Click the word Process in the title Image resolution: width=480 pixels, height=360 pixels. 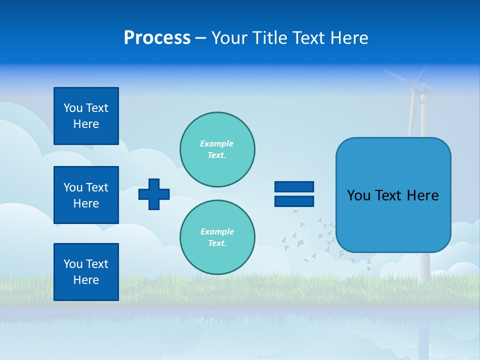[x=157, y=38]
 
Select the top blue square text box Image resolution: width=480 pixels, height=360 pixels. [x=86, y=116]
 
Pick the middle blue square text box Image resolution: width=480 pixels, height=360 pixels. [x=86, y=195]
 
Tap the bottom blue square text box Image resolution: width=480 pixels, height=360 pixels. [x=86, y=271]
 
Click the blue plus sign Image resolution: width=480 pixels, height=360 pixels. [x=154, y=194]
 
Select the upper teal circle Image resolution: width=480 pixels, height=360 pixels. [x=217, y=149]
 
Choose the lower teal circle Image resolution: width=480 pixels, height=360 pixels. [x=217, y=237]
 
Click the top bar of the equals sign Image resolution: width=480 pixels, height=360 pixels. [x=294, y=187]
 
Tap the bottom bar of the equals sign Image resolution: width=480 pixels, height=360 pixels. [x=294, y=201]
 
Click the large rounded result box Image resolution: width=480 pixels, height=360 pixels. [x=393, y=195]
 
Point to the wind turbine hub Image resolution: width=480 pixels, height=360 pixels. [x=419, y=90]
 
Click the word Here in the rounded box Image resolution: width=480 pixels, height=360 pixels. [x=422, y=195]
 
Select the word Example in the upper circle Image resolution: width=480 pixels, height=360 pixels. [x=216, y=143]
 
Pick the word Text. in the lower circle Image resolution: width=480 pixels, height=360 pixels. [x=217, y=243]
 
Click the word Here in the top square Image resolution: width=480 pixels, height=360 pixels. [x=86, y=124]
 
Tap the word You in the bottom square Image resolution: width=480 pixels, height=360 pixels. [x=73, y=264]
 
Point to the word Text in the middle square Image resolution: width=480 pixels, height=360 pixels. [x=96, y=187]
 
